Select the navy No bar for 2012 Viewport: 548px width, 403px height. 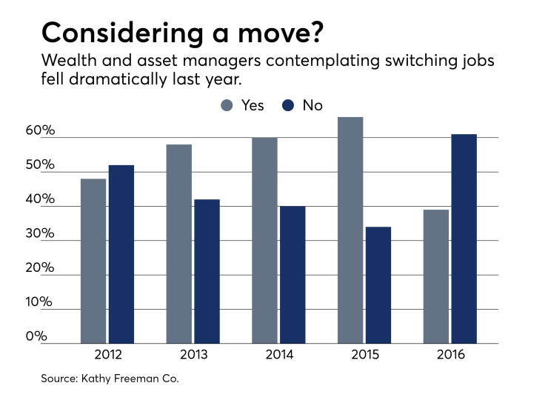121,254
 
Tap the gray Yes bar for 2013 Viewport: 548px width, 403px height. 179,244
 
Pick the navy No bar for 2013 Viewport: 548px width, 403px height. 207,271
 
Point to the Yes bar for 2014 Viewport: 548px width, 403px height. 264,241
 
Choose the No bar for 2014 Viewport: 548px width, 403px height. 292,275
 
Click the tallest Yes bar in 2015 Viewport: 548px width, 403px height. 350,230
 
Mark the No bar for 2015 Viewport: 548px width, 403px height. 378,285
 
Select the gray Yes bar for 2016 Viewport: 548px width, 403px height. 436,276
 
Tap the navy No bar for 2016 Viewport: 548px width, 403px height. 464,239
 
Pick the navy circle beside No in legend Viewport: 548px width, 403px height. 287,106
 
